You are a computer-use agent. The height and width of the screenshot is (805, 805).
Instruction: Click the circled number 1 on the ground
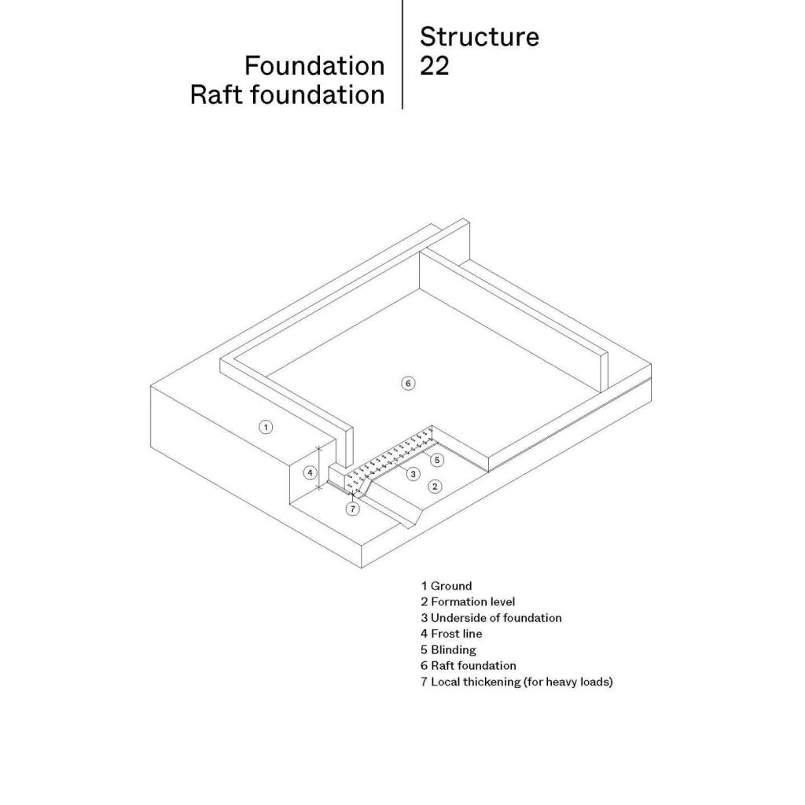tap(266, 427)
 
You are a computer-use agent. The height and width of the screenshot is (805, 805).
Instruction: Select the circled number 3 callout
tap(412, 473)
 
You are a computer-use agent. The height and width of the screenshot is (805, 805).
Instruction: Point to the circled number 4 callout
tap(311, 472)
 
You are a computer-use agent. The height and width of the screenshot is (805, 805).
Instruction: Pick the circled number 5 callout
tap(438, 459)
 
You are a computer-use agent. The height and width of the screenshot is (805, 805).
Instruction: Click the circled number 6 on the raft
tap(407, 383)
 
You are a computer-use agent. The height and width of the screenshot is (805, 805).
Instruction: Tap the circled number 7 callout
tap(353, 509)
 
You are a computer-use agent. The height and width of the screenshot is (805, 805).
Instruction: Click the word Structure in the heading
tap(479, 37)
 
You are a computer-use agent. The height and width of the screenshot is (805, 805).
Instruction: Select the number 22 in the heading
tap(434, 66)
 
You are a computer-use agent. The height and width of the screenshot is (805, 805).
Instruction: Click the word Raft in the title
tap(215, 94)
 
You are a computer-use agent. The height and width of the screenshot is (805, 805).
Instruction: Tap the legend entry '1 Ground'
tap(447, 586)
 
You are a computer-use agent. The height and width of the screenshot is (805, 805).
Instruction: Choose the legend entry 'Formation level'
tap(468, 601)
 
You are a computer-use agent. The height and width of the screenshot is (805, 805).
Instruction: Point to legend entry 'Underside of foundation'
tap(491, 618)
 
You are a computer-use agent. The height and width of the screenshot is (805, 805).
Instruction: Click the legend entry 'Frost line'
tap(451, 634)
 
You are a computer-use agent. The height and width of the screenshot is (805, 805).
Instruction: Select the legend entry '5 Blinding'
tap(448, 649)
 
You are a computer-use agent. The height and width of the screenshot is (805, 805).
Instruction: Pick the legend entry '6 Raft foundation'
tap(468, 665)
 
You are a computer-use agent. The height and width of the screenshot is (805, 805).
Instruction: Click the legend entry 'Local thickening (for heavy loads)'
tap(516, 682)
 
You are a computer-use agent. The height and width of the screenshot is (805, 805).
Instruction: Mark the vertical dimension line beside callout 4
tap(319, 469)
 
